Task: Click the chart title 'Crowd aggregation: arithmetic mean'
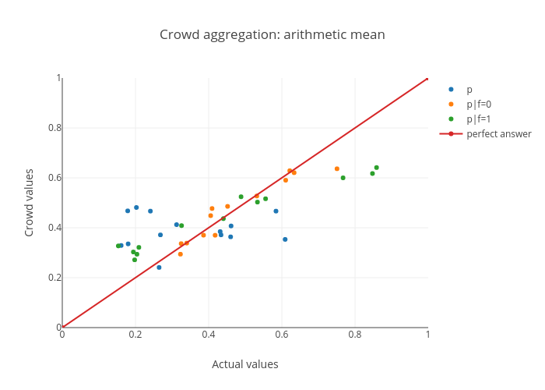pyautogui.click(x=272, y=34)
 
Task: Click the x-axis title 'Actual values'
pyautogui.click(x=245, y=364)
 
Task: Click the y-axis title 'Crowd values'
pyautogui.click(x=30, y=203)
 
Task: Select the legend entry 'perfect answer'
pyautogui.click(x=498, y=134)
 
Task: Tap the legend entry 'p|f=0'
pyautogui.click(x=479, y=105)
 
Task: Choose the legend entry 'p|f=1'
pyautogui.click(x=479, y=119)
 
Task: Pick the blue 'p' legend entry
pyautogui.click(x=469, y=90)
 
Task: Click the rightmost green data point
pyautogui.click(x=376, y=168)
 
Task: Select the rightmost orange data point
pyautogui.click(x=337, y=169)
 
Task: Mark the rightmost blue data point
pyautogui.click(x=285, y=239)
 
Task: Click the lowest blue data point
pyautogui.click(x=159, y=268)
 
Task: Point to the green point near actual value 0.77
pyautogui.click(x=343, y=178)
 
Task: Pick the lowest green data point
pyautogui.click(x=135, y=260)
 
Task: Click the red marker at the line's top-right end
pyautogui.click(x=427, y=78)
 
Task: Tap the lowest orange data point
pyautogui.click(x=181, y=254)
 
